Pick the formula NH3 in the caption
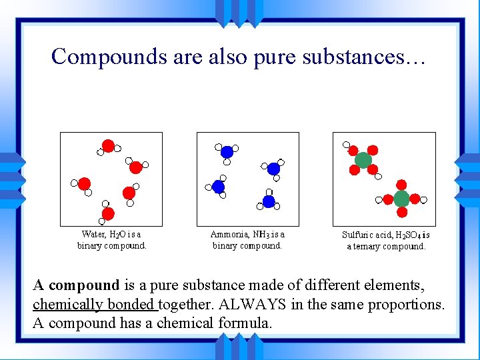(x=261, y=234)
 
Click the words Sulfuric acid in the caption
(x=367, y=235)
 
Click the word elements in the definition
(x=390, y=286)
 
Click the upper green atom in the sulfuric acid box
(x=363, y=160)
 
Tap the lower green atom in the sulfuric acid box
(x=401, y=199)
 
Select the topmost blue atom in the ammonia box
(x=227, y=151)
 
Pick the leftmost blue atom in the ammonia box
(x=218, y=187)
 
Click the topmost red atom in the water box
(x=108, y=146)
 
